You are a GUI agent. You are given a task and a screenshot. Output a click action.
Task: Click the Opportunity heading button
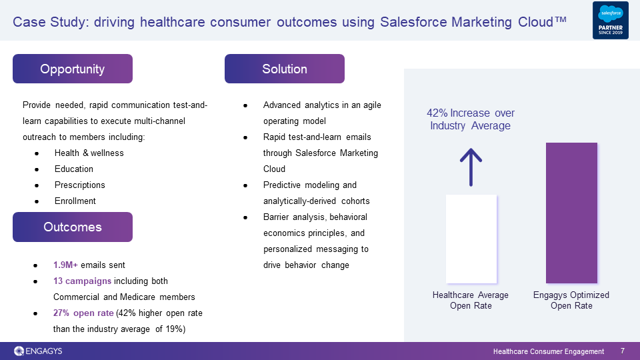[73, 69]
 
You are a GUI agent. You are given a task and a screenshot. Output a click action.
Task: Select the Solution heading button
[285, 69]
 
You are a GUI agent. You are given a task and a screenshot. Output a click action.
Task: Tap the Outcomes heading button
[73, 227]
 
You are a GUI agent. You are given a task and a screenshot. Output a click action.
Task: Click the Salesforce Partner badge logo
[611, 21]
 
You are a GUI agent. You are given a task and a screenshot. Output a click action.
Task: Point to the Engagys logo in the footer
[38, 351]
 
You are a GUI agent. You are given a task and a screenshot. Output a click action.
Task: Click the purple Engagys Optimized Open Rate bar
[571, 213]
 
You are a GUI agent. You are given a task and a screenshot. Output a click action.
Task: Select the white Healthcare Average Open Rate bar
[471, 239]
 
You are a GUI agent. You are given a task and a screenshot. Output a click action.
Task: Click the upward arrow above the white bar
[471, 167]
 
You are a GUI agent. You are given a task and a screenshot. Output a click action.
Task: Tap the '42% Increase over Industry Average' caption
[471, 119]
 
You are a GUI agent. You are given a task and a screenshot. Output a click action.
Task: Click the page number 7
[623, 351]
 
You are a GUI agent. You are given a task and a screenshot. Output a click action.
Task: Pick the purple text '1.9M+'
[65, 265]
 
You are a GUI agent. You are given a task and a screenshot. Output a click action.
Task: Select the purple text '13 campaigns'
[82, 281]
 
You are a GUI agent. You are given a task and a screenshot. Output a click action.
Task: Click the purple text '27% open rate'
[83, 313]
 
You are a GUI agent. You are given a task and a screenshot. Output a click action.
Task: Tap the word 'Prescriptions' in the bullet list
[79, 185]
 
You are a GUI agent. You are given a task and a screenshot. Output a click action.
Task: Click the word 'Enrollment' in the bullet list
[75, 201]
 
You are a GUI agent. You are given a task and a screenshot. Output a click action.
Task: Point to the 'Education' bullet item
[74, 169]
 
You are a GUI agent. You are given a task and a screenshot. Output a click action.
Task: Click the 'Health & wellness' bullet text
[89, 153]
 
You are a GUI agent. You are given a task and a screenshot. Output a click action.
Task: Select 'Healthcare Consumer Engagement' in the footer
[549, 351]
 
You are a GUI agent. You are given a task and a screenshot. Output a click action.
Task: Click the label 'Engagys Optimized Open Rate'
[571, 301]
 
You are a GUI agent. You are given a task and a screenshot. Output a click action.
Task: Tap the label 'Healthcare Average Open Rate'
[471, 301]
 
